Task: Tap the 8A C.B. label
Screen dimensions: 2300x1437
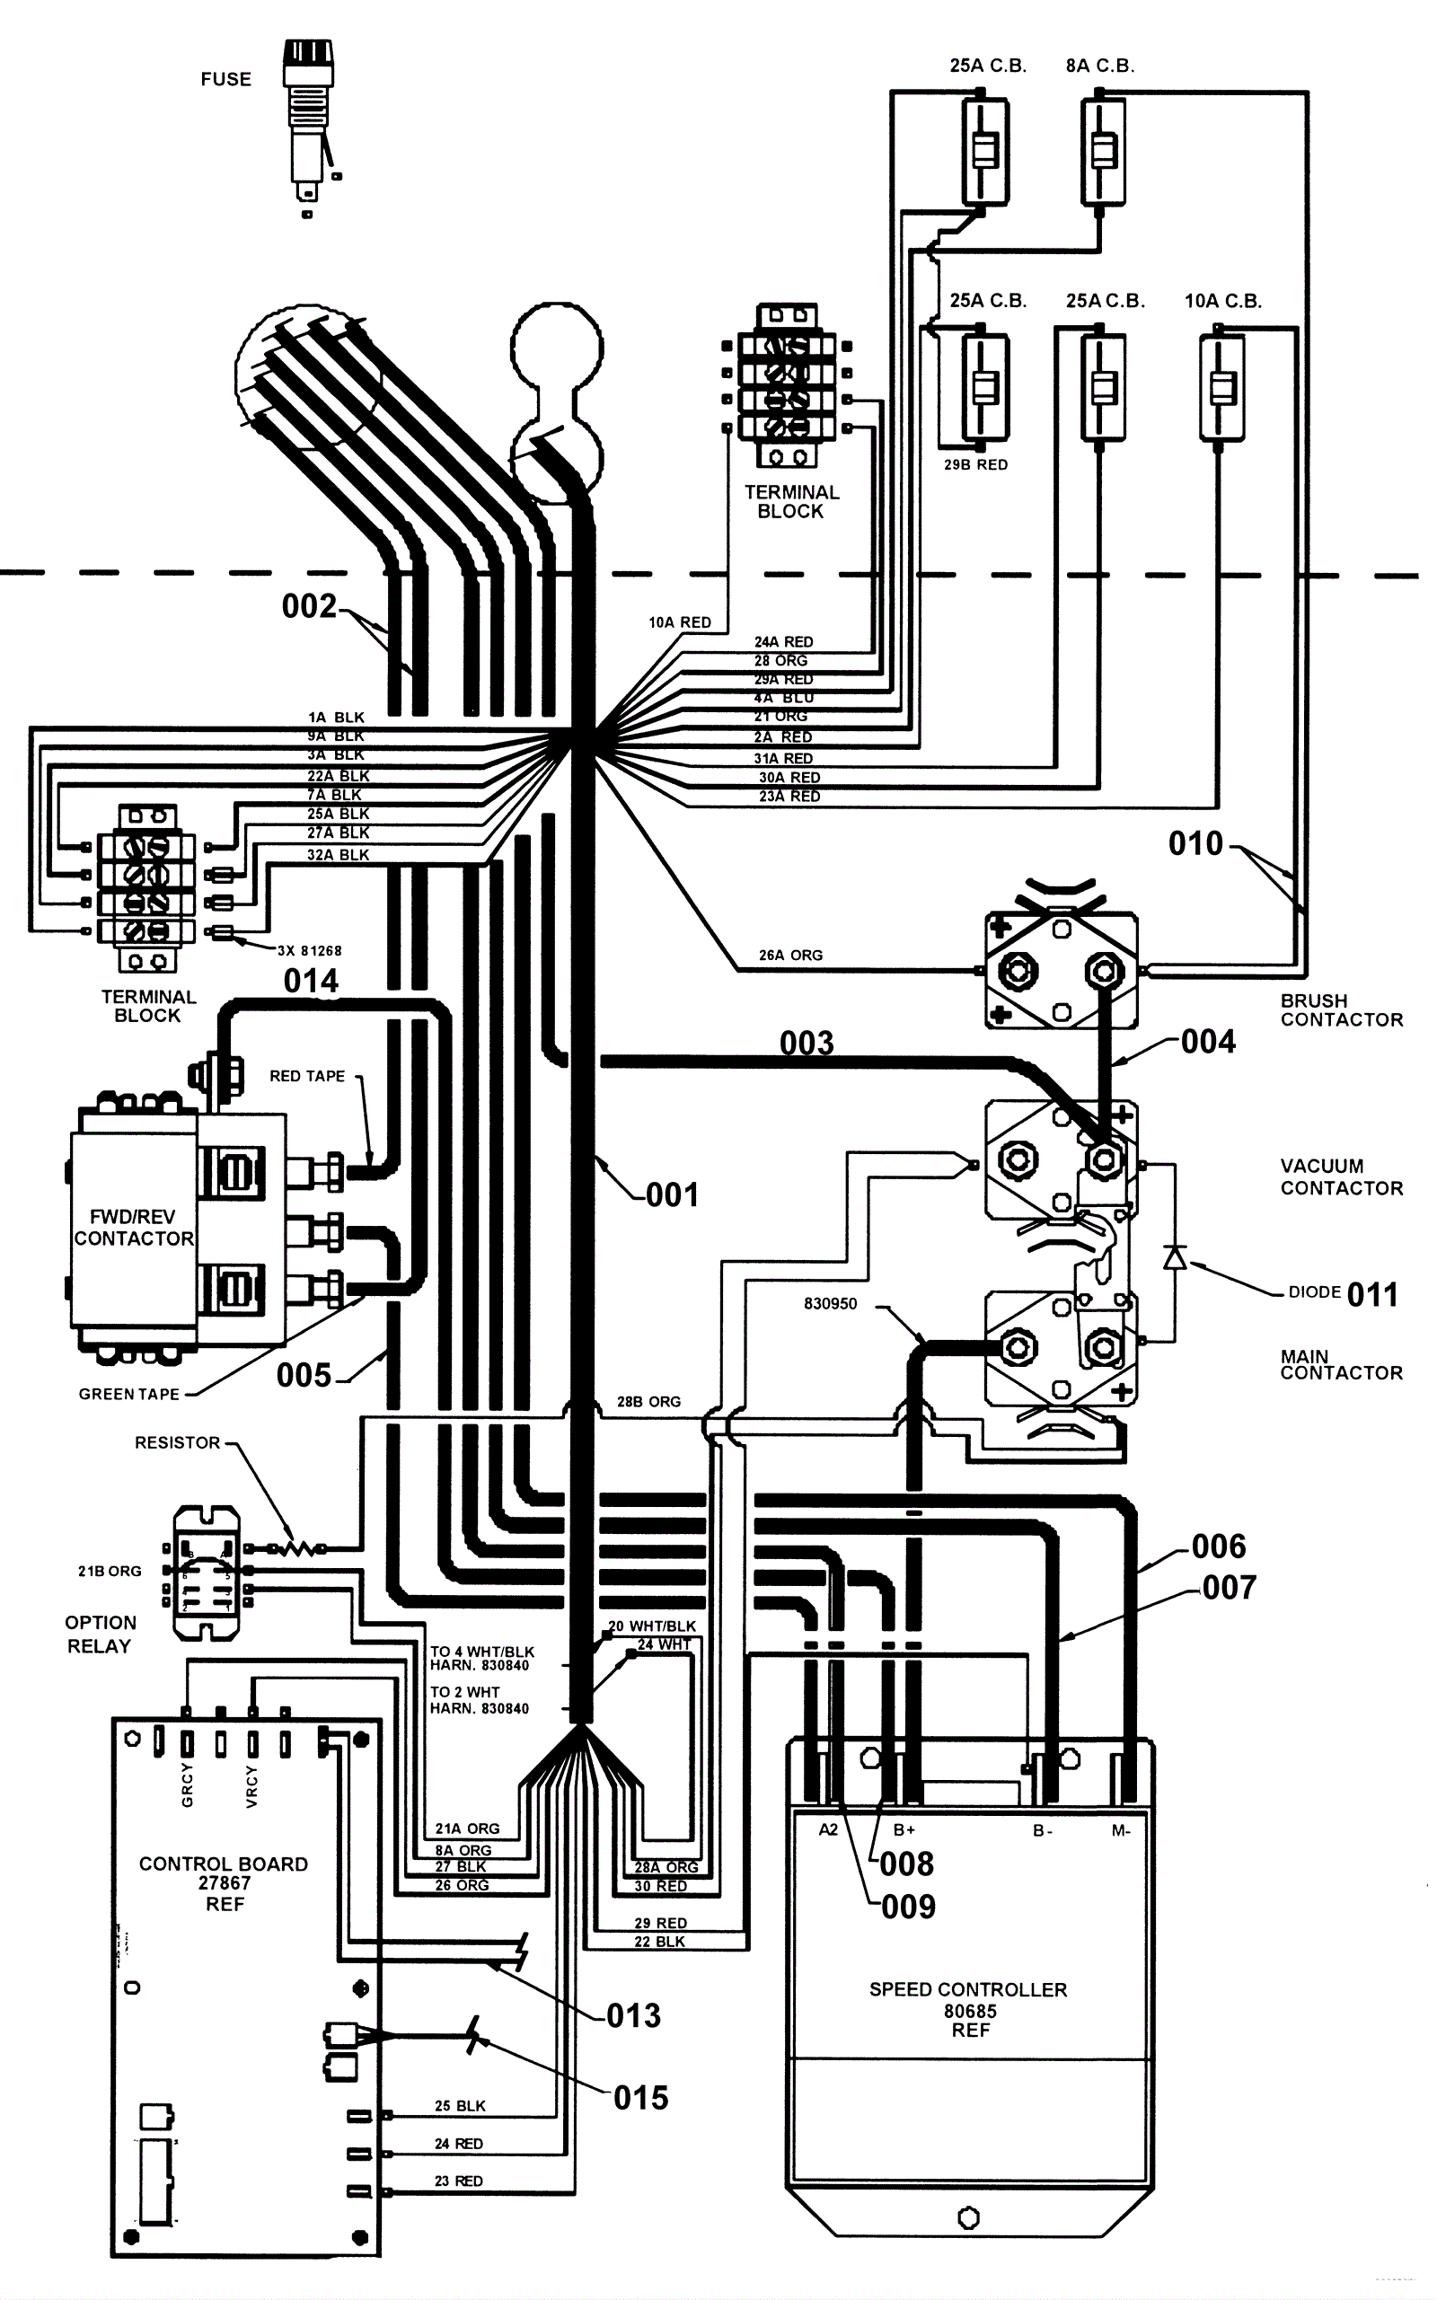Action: [1099, 66]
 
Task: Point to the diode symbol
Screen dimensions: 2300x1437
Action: [1175, 1257]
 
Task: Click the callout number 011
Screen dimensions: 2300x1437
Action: [1371, 1294]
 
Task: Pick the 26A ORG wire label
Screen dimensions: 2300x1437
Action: [789, 956]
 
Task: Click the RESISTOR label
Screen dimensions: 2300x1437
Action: [177, 1442]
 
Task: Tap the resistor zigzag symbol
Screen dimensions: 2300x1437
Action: [298, 1550]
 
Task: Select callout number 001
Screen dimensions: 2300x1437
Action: [672, 1194]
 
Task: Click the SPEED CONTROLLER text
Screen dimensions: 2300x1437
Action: [967, 1989]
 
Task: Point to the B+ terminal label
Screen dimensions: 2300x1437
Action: [904, 1829]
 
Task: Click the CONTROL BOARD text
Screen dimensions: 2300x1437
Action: [224, 1864]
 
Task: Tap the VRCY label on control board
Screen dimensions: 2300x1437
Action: [251, 1787]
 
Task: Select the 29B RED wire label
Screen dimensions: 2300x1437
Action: [975, 464]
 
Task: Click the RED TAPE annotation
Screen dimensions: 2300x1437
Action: [307, 1076]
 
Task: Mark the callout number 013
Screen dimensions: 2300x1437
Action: [633, 2015]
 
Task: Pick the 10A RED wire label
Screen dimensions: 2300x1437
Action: [680, 622]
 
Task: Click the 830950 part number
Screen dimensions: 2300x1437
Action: [830, 1304]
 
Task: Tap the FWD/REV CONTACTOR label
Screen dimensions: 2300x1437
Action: [133, 1227]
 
